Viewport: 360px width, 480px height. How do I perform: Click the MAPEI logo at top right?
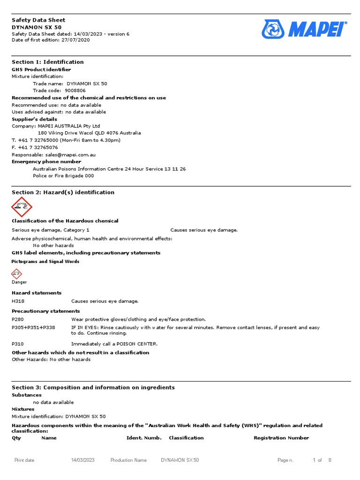(304, 29)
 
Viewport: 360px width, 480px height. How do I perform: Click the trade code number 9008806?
(75, 90)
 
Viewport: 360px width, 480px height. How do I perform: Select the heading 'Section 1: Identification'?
(47, 62)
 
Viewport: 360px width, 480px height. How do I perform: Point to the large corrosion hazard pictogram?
(21, 207)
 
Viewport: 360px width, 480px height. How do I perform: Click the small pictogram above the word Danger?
(16, 274)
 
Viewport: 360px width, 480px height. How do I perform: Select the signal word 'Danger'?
(19, 282)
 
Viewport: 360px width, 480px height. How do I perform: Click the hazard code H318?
(17, 301)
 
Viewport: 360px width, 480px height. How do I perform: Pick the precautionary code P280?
(17, 319)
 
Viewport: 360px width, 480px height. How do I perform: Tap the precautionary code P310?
(17, 344)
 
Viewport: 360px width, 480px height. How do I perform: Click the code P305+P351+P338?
(33, 328)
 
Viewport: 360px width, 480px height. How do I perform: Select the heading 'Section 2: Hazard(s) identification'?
(63, 192)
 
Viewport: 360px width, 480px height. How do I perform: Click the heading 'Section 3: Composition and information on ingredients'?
(93, 387)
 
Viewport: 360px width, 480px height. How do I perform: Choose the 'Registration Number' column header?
(281, 438)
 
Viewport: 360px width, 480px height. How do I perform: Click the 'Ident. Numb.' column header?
(144, 438)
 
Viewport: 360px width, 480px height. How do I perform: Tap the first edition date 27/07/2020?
(75, 40)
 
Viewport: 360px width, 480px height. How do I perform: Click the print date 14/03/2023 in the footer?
(82, 460)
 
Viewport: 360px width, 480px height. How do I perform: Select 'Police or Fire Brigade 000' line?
(63, 176)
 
